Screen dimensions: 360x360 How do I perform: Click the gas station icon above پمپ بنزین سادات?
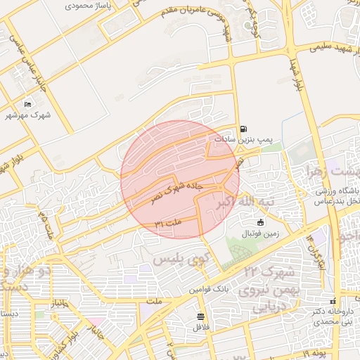click(243, 129)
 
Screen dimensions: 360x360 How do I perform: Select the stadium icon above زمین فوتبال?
click(261, 223)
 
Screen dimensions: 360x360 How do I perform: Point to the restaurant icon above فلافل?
click(201, 316)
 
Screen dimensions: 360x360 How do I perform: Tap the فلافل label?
click(201, 328)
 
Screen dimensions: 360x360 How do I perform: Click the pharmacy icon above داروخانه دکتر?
click(333, 300)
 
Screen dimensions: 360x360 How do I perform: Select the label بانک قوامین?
click(209, 289)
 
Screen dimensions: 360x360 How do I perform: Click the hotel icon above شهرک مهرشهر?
click(27, 105)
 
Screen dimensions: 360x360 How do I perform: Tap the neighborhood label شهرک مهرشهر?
click(28, 115)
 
